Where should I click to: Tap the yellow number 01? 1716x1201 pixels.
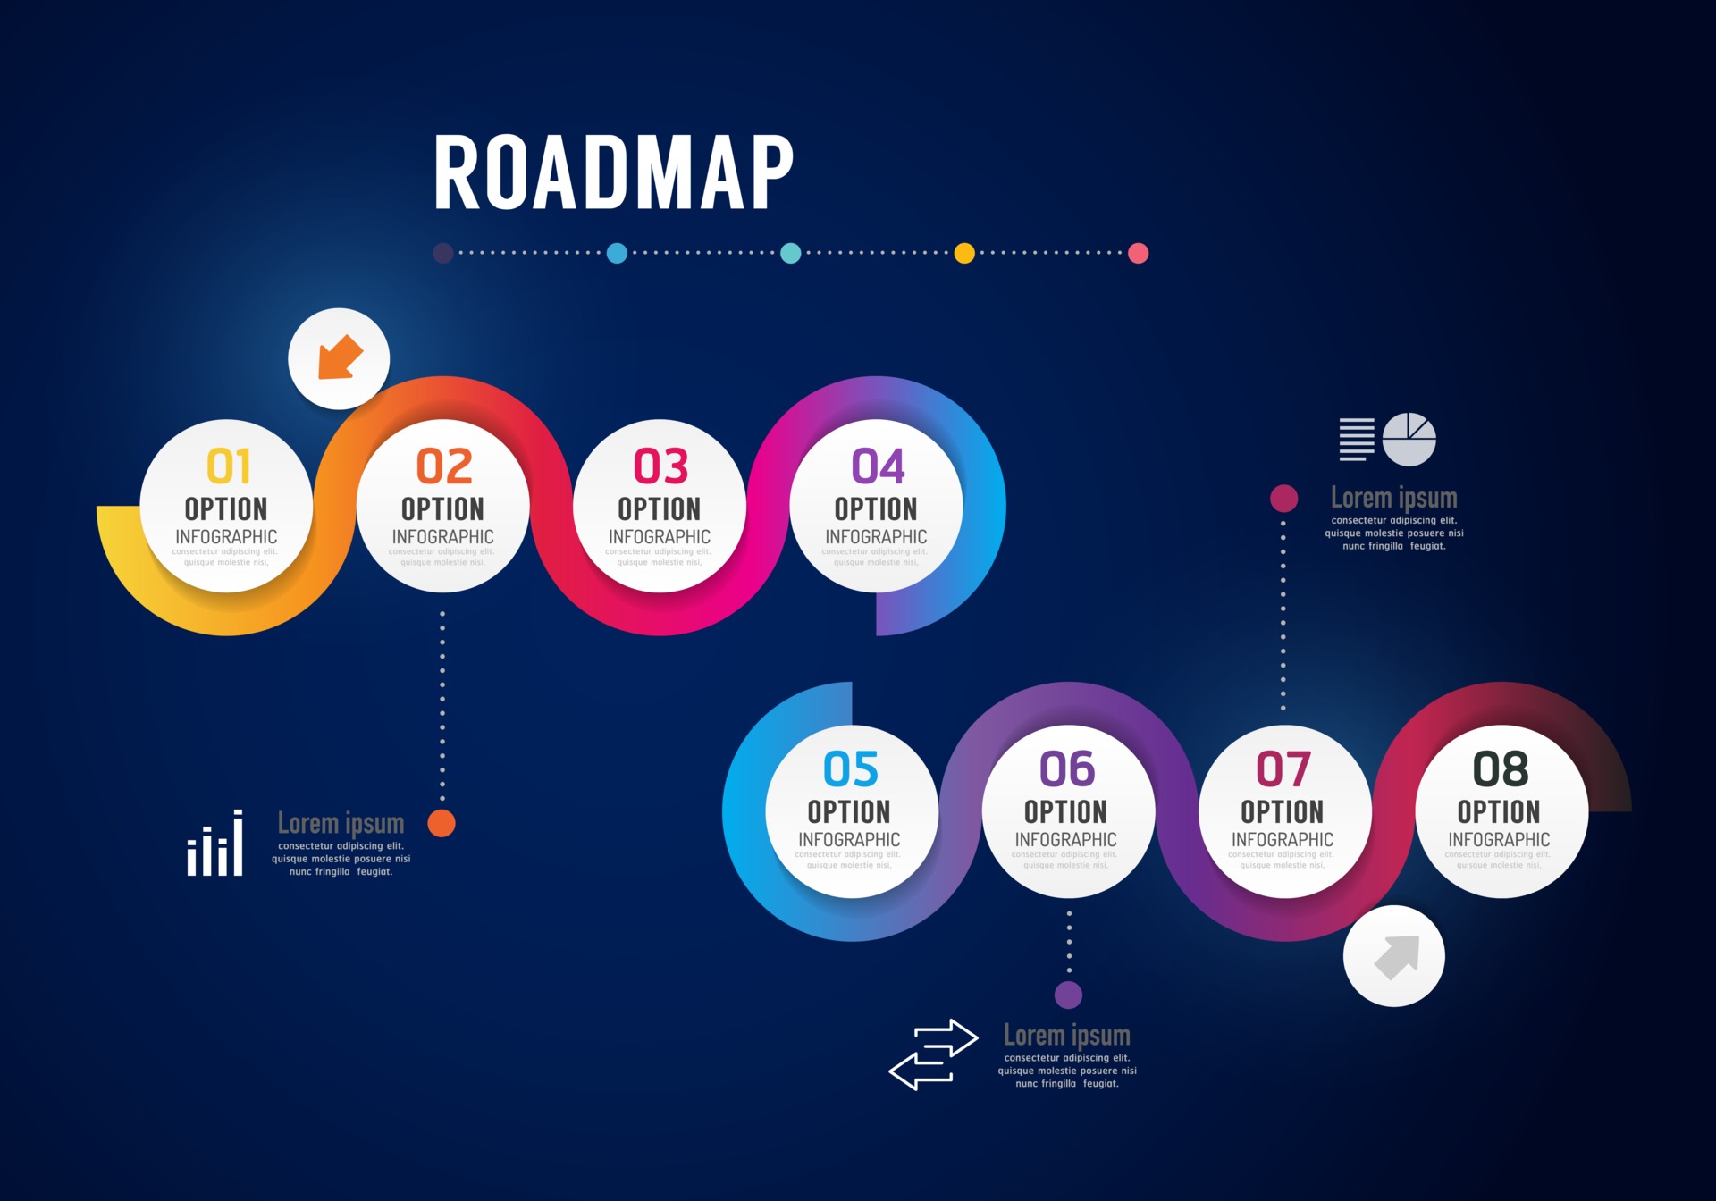[228, 466]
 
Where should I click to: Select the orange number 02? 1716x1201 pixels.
[444, 466]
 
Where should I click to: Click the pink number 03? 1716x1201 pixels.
[660, 466]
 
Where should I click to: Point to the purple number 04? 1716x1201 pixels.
[878, 466]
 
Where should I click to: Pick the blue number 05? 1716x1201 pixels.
[850, 769]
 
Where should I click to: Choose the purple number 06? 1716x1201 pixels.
[1066, 769]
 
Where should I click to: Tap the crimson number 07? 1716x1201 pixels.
[1283, 769]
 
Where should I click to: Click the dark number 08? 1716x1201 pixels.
[1500, 769]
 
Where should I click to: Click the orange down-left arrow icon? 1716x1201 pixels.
[340, 358]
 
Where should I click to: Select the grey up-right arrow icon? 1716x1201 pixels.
[1395, 956]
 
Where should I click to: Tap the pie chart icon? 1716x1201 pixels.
[1409, 439]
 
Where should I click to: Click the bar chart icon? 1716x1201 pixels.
[214, 844]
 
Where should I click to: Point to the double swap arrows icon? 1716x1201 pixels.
[933, 1054]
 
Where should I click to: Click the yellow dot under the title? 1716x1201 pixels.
[964, 253]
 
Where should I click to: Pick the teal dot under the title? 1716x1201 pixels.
[790, 253]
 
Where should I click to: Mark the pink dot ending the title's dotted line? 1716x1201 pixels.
[1138, 253]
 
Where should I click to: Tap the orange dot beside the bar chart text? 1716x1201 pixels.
[442, 823]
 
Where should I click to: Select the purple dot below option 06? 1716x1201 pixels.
[1068, 995]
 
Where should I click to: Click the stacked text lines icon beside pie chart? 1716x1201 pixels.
[1356, 439]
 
